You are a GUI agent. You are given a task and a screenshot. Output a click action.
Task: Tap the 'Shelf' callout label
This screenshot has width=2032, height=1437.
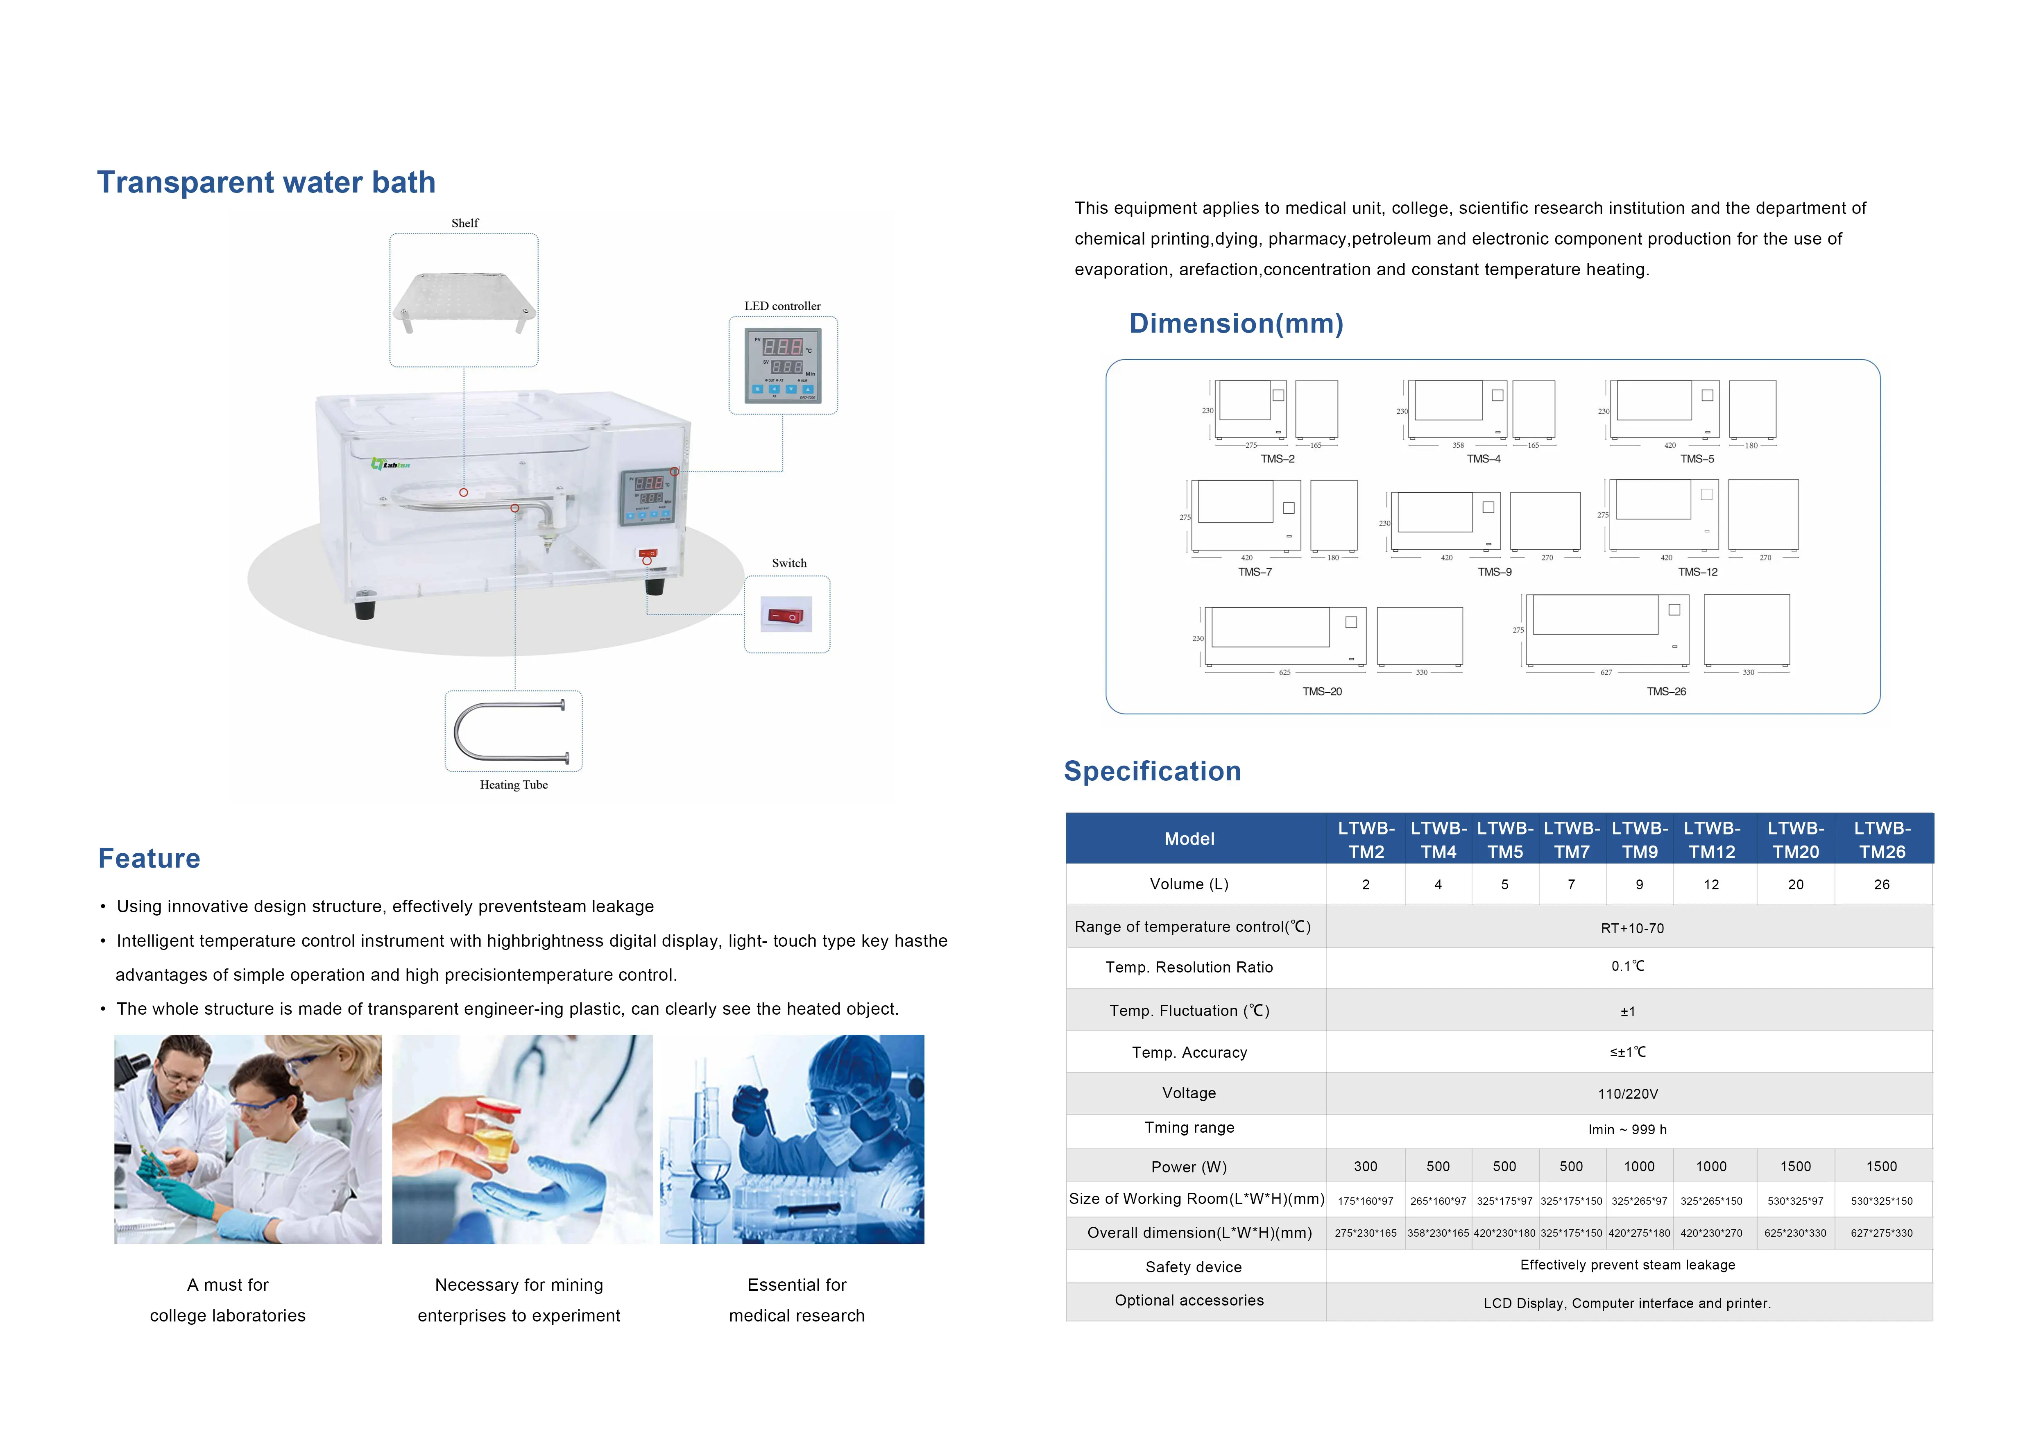(x=464, y=223)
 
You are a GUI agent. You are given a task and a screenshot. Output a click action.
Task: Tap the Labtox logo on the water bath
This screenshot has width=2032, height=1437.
(x=390, y=464)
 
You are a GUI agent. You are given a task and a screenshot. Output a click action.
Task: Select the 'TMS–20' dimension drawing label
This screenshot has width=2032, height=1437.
(x=1321, y=691)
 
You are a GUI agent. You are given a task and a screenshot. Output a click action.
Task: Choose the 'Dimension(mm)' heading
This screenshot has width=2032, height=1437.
(x=1235, y=324)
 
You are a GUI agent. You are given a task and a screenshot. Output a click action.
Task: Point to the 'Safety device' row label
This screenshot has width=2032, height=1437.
(x=1193, y=1267)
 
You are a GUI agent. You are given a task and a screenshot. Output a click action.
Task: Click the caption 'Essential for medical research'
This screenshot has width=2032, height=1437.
(x=797, y=1300)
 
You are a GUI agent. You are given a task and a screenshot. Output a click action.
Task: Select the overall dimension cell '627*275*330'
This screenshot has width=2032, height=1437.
(x=1882, y=1233)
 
